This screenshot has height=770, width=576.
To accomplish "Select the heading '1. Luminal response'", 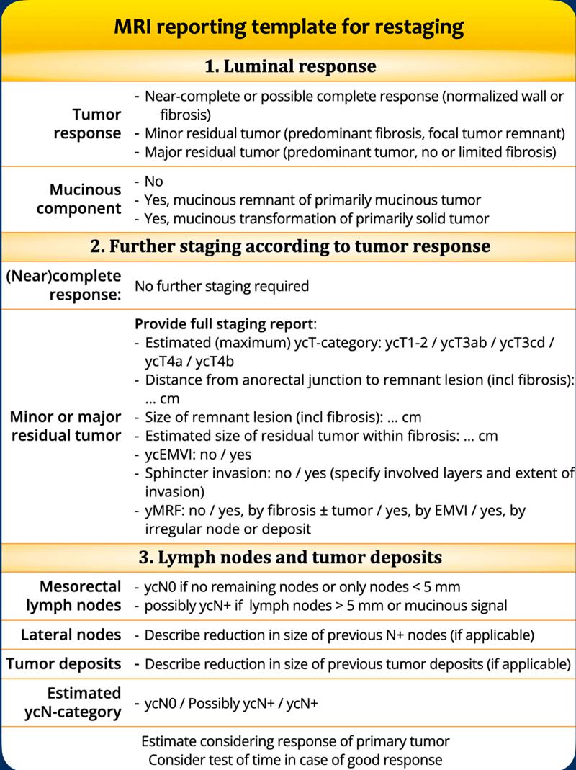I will [289, 67].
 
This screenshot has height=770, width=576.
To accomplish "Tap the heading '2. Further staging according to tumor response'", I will [289, 246].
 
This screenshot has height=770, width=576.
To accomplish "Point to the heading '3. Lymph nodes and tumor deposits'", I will [289, 557].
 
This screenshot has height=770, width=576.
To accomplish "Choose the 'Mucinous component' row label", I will [85, 200].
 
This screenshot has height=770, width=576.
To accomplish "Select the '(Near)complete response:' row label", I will [64, 286].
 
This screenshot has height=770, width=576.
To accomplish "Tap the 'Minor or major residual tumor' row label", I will [66, 426].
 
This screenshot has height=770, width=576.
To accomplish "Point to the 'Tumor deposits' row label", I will [64, 663].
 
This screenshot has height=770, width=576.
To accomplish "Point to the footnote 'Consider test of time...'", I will [295, 759].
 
